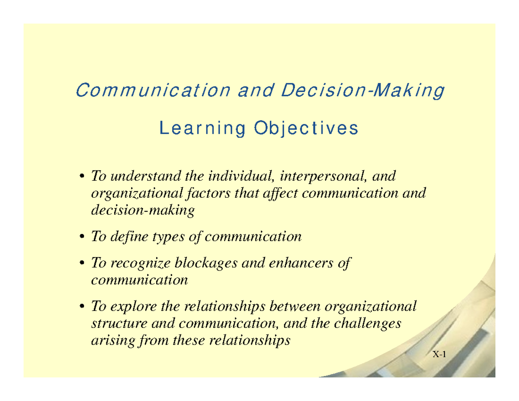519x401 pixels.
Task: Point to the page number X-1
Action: point(439,355)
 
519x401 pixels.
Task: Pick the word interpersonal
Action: point(323,176)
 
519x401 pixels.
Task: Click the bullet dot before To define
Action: point(82,237)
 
